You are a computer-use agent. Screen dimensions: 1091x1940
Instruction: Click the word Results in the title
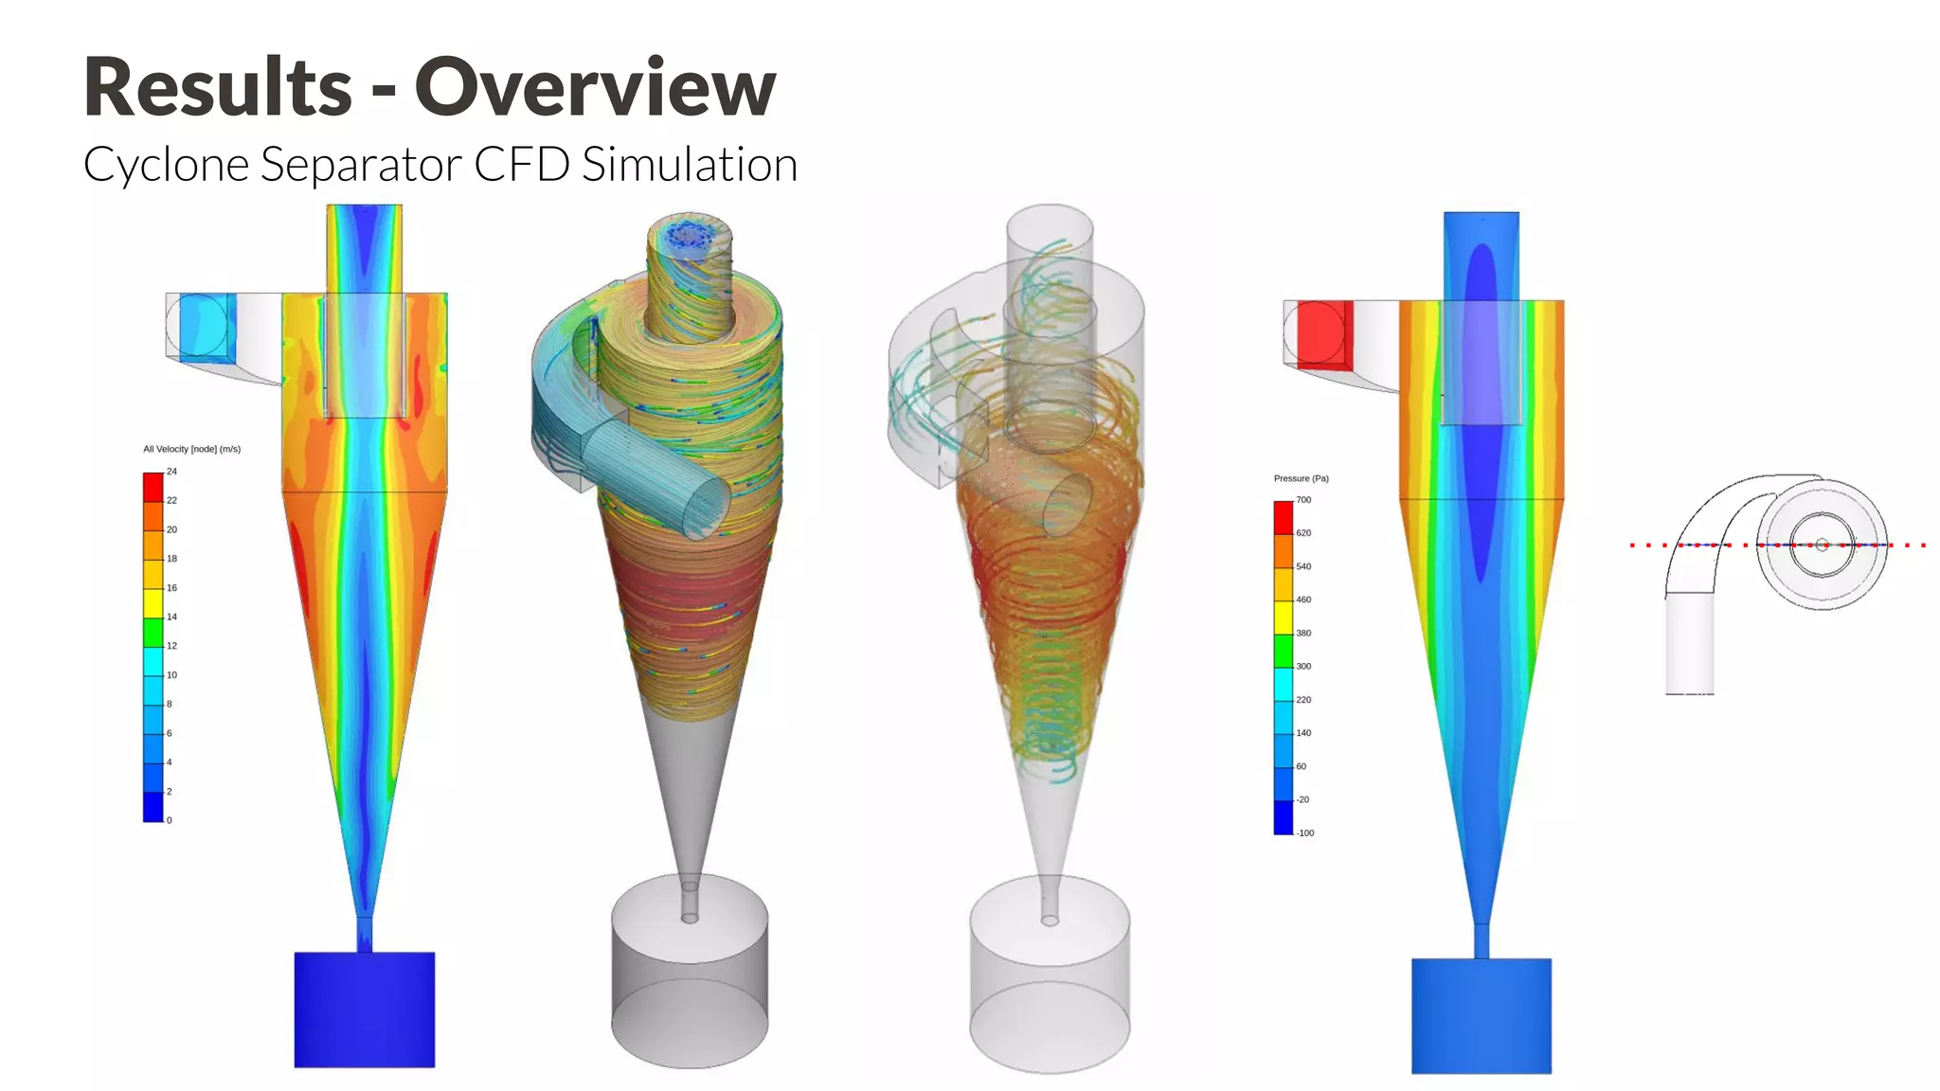point(218,87)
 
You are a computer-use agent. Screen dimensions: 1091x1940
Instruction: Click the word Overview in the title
point(595,87)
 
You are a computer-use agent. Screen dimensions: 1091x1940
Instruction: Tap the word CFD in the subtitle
point(521,164)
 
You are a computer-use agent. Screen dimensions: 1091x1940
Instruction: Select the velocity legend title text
point(191,449)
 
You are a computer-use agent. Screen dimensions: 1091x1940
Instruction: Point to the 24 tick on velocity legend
point(171,472)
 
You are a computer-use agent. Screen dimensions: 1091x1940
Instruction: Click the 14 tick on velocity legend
point(171,617)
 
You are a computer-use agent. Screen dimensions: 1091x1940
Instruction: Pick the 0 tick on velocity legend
point(170,820)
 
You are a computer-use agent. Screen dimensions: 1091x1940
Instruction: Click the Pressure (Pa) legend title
point(1301,478)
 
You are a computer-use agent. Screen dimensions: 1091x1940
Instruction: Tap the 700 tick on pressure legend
point(1303,500)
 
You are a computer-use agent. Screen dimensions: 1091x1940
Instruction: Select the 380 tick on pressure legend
point(1303,633)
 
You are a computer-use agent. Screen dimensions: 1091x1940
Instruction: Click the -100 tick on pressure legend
point(1305,832)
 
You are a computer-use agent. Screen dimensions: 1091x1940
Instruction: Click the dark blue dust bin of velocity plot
point(364,1010)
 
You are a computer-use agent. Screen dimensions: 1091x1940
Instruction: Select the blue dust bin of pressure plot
point(1481,1015)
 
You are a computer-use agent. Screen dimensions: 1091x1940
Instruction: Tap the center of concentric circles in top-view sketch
point(1822,545)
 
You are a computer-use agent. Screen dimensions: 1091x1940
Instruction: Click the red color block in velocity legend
point(153,487)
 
